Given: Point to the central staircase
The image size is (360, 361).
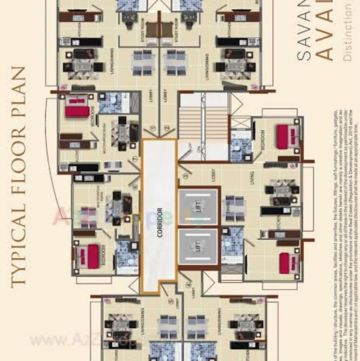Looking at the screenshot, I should click(x=204, y=125).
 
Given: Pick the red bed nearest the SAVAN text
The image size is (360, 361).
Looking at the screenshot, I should click(x=285, y=135).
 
